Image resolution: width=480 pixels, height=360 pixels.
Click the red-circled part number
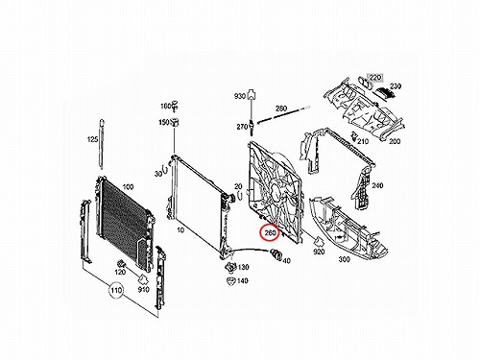(270, 233)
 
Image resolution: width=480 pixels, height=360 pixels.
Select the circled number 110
(116, 290)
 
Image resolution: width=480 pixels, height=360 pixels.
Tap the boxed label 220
(375, 78)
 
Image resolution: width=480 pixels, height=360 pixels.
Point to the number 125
(92, 139)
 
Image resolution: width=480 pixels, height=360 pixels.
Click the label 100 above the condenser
(128, 187)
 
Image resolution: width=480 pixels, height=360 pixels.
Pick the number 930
(240, 96)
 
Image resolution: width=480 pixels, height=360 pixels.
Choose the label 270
(242, 127)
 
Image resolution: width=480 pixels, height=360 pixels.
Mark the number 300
(344, 259)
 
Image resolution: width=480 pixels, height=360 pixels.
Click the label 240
(377, 185)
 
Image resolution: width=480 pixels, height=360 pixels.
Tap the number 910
(143, 289)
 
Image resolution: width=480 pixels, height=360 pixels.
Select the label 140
(243, 280)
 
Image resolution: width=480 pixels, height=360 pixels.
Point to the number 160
(166, 106)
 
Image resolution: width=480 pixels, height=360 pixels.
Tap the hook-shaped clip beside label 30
(166, 170)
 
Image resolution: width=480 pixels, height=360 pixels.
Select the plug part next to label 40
(276, 253)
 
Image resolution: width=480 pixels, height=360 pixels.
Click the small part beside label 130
(230, 267)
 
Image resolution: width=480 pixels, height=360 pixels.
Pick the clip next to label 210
(354, 136)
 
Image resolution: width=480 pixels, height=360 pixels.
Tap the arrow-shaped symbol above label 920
(319, 241)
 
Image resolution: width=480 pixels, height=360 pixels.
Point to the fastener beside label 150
(175, 122)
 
